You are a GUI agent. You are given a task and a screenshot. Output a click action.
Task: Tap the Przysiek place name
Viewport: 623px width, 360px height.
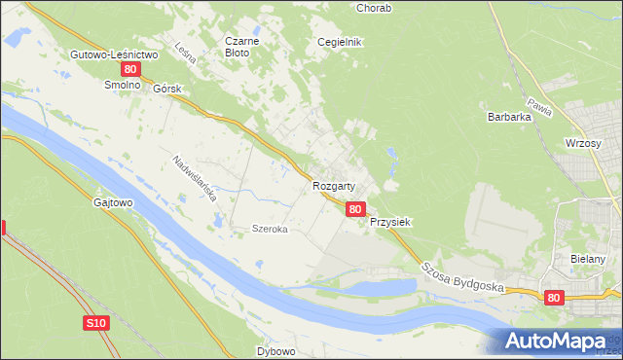390,222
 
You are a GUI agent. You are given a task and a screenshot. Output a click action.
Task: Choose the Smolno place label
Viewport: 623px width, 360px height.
124,86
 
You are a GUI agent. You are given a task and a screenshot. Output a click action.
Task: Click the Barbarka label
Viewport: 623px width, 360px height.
508,117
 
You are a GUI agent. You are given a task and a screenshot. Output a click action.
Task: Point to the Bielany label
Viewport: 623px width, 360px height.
589,260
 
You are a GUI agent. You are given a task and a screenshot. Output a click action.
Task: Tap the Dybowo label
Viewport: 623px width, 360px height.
275,350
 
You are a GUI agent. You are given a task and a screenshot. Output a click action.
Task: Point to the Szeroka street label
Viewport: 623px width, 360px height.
270,230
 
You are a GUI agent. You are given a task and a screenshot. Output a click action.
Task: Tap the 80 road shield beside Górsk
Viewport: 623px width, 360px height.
131,71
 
